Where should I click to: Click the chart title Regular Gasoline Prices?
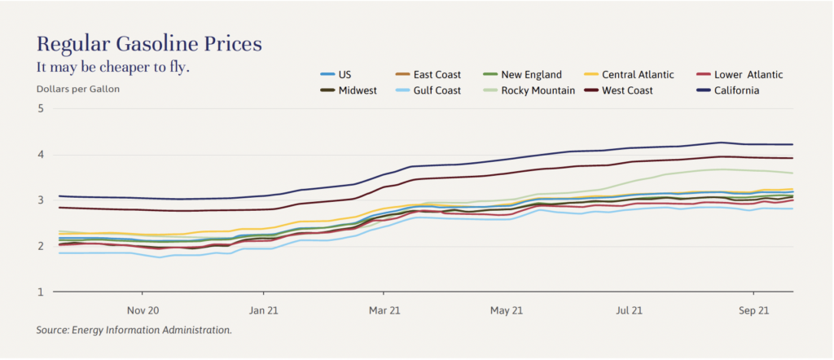click(149, 43)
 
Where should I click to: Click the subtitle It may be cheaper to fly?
click(113, 67)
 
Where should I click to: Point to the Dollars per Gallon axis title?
click(78, 88)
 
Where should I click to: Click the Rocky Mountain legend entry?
click(538, 90)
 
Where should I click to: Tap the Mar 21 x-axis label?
click(384, 310)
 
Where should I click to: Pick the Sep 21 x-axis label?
click(753, 310)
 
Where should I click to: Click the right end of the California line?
click(792, 144)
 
